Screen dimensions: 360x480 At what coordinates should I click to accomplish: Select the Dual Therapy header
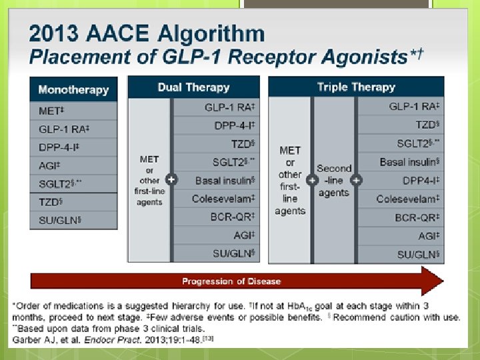coord(193,87)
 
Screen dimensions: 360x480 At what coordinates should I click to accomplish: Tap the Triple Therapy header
coord(356,87)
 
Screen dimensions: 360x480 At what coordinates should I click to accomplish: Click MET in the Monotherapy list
coord(47,111)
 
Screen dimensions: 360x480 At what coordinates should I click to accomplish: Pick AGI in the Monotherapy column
coord(48,165)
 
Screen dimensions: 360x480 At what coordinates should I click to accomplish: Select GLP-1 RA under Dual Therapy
coord(230,107)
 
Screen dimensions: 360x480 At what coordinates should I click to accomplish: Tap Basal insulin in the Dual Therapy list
coord(225,180)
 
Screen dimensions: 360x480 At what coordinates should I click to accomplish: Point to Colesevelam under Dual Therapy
coord(223,199)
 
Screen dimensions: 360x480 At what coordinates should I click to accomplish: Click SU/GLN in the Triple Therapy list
coord(419,254)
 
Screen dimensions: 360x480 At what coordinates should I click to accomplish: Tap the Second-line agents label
coord(333,180)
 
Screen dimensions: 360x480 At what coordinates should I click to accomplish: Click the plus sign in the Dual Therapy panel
coord(171,180)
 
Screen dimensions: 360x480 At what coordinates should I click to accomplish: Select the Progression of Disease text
coord(231,281)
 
